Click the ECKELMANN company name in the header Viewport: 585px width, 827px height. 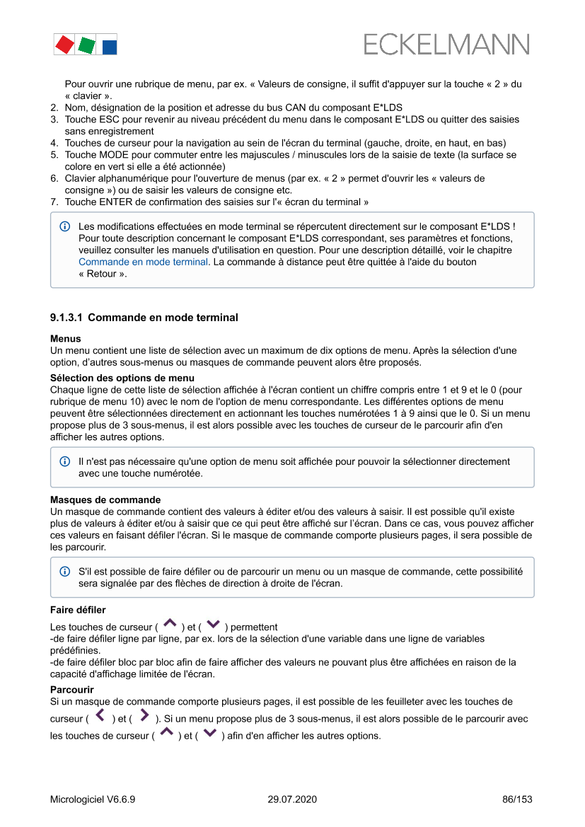pos(446,45)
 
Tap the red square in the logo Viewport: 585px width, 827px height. pos(64,45)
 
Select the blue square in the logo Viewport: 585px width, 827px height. pos(109,47)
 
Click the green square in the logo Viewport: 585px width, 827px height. pos(86,46)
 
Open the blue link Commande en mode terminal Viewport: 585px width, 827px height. pos(144,262)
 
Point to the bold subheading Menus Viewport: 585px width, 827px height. pos(66,339)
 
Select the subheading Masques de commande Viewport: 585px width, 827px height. pos(105,499)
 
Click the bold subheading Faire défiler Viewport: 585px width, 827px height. pos(78,609)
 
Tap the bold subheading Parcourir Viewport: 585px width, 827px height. pos(72,689)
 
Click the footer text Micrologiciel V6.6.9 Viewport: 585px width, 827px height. pos(93,799)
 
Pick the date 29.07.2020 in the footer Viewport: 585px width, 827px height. pos(292,799)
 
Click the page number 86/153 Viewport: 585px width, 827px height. pos(517,799)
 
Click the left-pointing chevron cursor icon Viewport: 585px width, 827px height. pos(100,717)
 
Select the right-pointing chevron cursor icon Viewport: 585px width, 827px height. pos(144,717)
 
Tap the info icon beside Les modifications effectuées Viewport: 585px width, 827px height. pos(65,227)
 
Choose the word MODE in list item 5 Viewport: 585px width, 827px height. pos(113,154)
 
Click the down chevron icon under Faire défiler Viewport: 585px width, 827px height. pos(213,625)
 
